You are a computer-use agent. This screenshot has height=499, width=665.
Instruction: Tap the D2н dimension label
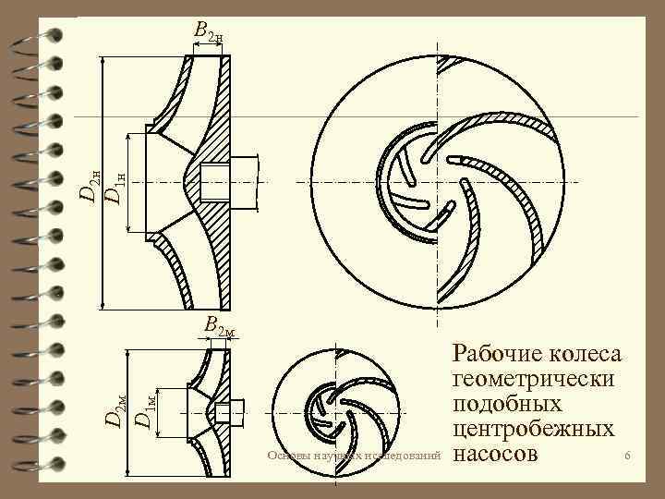[x=89, y=183]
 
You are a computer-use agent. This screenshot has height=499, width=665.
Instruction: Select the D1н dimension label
[x=112, y=183]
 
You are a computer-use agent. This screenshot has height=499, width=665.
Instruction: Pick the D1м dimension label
[x=144, y=409]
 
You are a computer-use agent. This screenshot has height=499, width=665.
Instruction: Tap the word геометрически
[x=537, y=380]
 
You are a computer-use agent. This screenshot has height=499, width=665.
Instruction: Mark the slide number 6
[x=627, y=456]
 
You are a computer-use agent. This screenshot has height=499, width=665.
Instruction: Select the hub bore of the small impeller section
[x=223, y=411]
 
